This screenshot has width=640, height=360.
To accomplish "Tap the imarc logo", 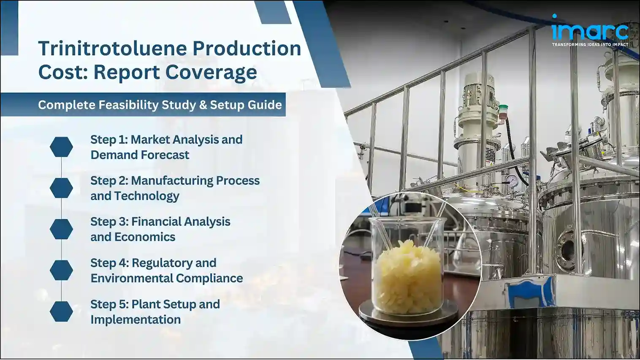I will coord(589,30).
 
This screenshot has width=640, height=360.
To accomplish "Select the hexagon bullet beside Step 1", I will coord(61,147).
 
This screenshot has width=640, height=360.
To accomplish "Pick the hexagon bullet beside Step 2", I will coord(61,188).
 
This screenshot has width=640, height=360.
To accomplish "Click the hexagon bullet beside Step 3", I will coord(61,229).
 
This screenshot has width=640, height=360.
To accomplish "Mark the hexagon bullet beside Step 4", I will coord(61,270).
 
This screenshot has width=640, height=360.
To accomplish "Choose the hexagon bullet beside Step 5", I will coord(61,311).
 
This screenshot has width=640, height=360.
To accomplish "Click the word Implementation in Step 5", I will coord(136,319).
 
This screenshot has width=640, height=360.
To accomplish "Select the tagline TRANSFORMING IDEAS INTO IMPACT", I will coord(590,44).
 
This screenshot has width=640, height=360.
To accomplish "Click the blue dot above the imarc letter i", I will coord(554,16).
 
